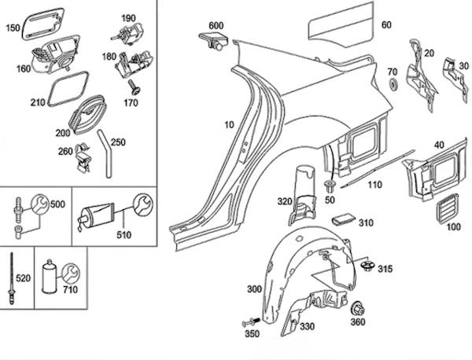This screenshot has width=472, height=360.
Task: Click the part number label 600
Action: click(x=216, y=26)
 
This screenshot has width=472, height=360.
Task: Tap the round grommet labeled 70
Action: click(x=393, y=84)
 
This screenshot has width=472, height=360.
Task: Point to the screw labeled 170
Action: click(x=135, y=87)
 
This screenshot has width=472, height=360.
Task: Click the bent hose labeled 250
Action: click(x=105, y=153)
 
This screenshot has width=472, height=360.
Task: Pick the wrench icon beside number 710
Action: click(x=71, y=273)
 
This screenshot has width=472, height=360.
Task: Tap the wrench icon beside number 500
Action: click(x=40, y=204)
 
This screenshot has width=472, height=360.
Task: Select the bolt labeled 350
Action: click(x=251, y=322)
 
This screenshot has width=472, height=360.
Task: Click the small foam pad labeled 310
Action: click(x=343, y=220)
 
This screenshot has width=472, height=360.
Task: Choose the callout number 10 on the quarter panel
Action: click(x=229, y=125)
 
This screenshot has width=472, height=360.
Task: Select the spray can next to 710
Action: click(x=49, y=276)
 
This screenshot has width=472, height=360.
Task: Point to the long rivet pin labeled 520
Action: click(x=12, y=278)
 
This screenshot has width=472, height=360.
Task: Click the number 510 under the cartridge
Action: click(x=124, y=234)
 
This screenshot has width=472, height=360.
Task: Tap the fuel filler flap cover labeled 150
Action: click(x=43, y=24)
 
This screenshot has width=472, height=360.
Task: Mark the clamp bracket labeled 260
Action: click(x=83, y=158)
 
